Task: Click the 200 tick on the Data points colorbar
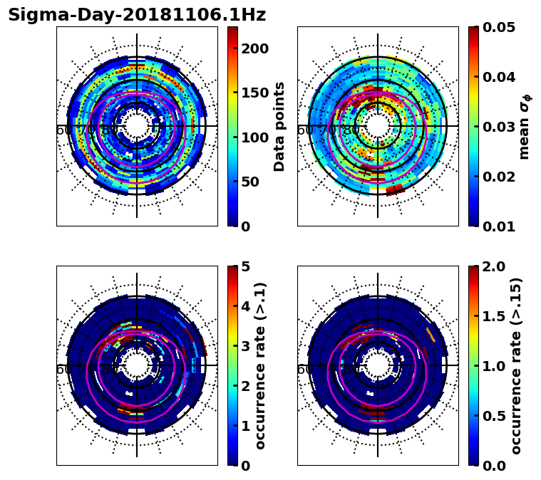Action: (254, 48)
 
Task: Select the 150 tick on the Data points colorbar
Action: (254, 93)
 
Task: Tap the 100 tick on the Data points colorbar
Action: (254, 137)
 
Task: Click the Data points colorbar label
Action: (279, 126)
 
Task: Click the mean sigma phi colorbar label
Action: (524, 126)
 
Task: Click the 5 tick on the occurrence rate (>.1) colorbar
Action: (246, 266)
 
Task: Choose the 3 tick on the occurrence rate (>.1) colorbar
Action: (246, 346)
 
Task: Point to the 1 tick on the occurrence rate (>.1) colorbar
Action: (246, 426)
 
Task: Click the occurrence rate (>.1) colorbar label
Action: (261, 365)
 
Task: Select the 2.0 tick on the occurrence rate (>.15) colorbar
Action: (495, 266)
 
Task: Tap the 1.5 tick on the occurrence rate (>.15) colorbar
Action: (495, 316)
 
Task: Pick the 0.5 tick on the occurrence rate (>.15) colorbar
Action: (495, 416)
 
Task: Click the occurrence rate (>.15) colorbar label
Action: (516, 365)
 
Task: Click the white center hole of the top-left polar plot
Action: (137, 126)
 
